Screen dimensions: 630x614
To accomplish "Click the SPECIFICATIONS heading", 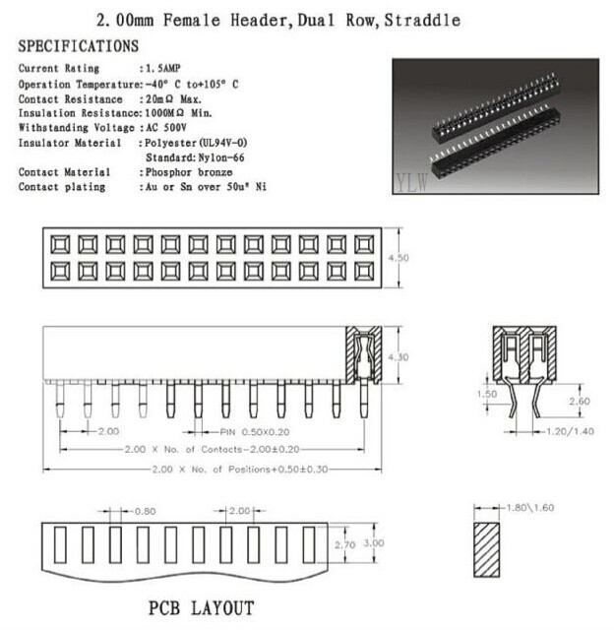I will point(79,46).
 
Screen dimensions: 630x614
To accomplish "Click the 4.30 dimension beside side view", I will point(399,358).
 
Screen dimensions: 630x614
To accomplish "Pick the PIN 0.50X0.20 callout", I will point(256,432).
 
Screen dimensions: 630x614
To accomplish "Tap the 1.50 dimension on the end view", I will point(485,394).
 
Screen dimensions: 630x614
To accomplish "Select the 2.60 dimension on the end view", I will point(580,402).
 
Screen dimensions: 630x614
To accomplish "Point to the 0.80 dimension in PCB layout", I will point(144,511).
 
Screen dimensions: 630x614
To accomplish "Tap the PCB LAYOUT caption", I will point(201,607).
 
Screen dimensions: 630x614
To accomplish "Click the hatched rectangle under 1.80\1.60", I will point(489,552).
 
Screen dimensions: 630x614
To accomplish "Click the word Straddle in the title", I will point(424,20).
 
